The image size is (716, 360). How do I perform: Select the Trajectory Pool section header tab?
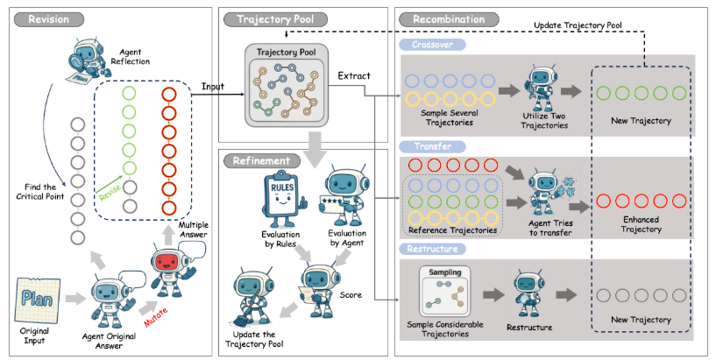270,18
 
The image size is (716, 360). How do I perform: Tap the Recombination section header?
448,18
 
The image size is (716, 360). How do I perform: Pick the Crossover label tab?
433,44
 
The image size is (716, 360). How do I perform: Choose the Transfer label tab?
429,146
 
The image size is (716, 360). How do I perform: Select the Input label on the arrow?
214,86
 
